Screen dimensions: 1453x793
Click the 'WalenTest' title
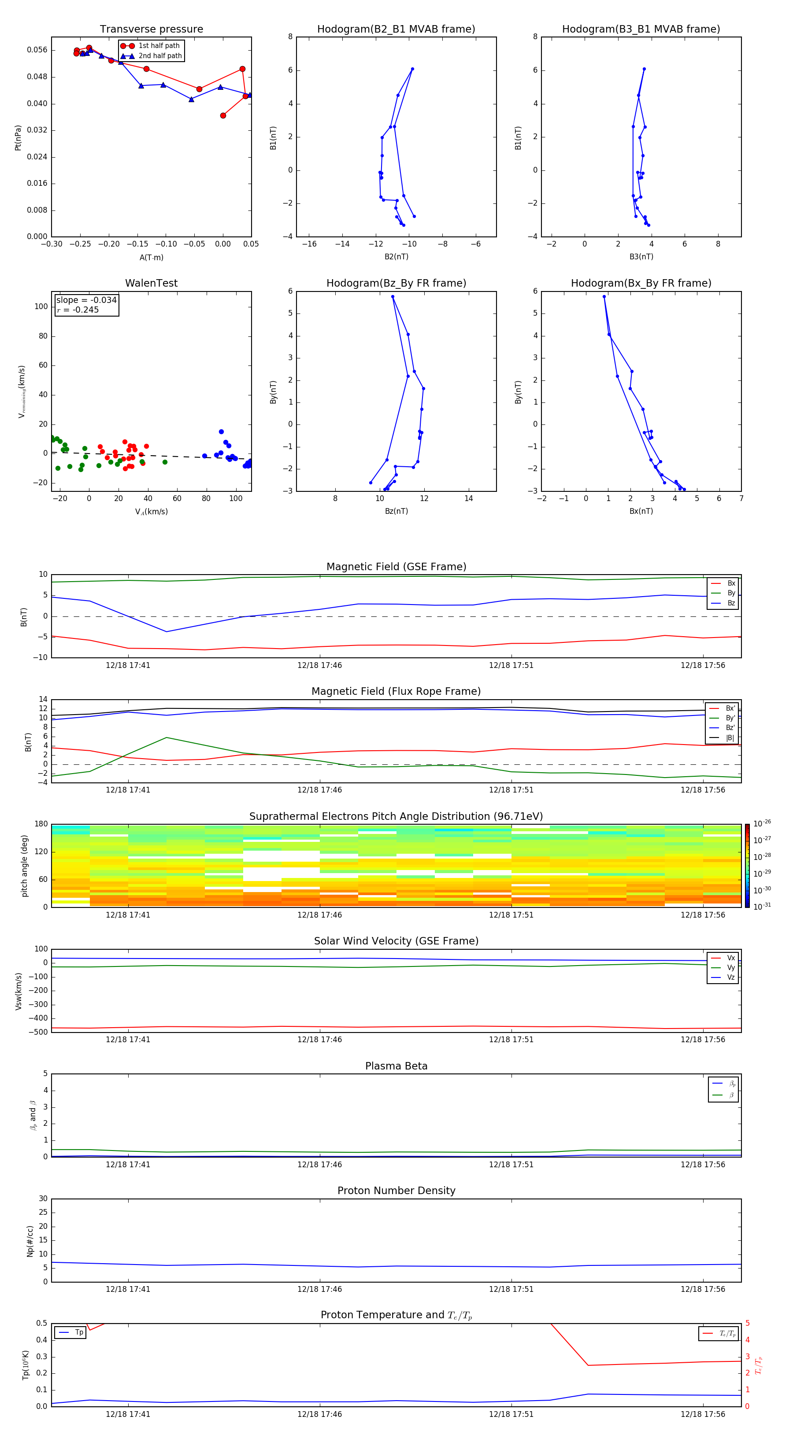pos(151,283)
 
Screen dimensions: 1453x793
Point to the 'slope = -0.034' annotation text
pos(86,300)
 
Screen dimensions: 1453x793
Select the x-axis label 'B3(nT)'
pos(641,257)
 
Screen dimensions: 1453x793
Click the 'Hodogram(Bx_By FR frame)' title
pos(641,283)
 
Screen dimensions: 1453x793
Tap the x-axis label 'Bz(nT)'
pos(396,511)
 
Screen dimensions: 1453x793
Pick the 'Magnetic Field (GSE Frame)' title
pos(396,567)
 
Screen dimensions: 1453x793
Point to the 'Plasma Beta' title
pos(396,1066)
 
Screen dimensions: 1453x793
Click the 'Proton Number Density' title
pos(396,1191)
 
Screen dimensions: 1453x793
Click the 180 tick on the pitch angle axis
pos(41,824)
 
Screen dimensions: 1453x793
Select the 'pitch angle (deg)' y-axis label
pos(24,865)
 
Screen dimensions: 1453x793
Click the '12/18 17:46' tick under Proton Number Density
pos(319,1289)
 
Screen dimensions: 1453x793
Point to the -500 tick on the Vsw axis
pos(40,1032)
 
